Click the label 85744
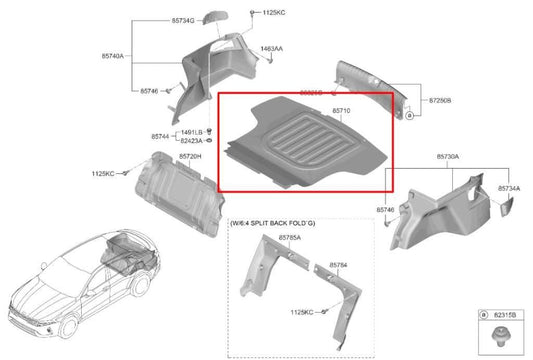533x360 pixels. [161, 136]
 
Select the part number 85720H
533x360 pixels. [191, 157]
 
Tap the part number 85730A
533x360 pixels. [447, 157]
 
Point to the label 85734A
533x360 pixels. [508, 187]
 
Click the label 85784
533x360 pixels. [340, 265]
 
